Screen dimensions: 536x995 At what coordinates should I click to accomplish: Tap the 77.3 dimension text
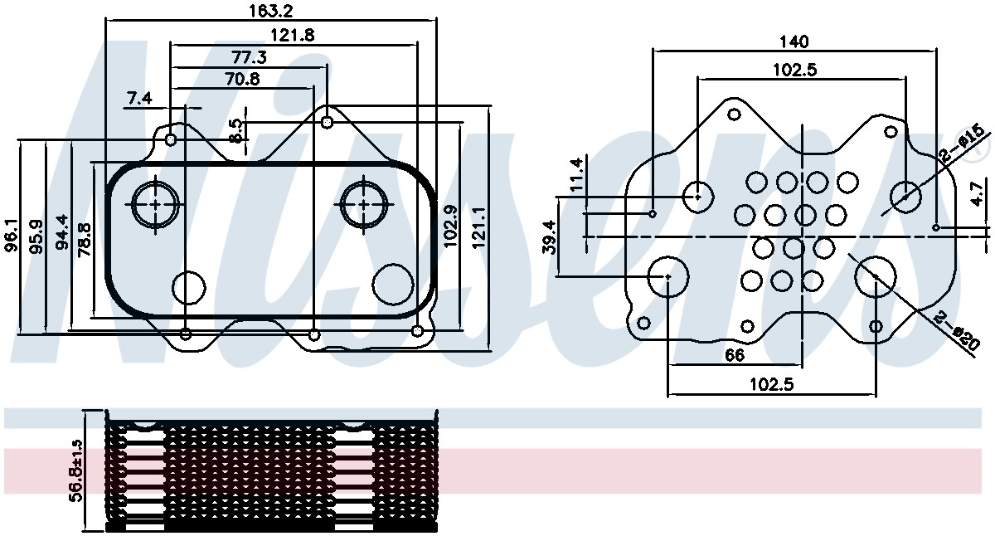[249, 57]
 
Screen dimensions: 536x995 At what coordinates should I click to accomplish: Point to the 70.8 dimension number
[242, 80]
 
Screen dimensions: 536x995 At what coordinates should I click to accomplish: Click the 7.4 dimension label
[139, 99]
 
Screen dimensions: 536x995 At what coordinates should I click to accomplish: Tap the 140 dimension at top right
[794, 41]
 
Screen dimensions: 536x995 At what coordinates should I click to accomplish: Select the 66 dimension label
[734, 355]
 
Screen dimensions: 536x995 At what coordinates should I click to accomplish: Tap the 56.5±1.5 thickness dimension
[75, 469]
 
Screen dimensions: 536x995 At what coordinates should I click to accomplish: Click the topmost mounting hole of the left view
[328, 122]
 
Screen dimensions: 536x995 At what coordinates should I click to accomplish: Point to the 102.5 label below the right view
[771, 385]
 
